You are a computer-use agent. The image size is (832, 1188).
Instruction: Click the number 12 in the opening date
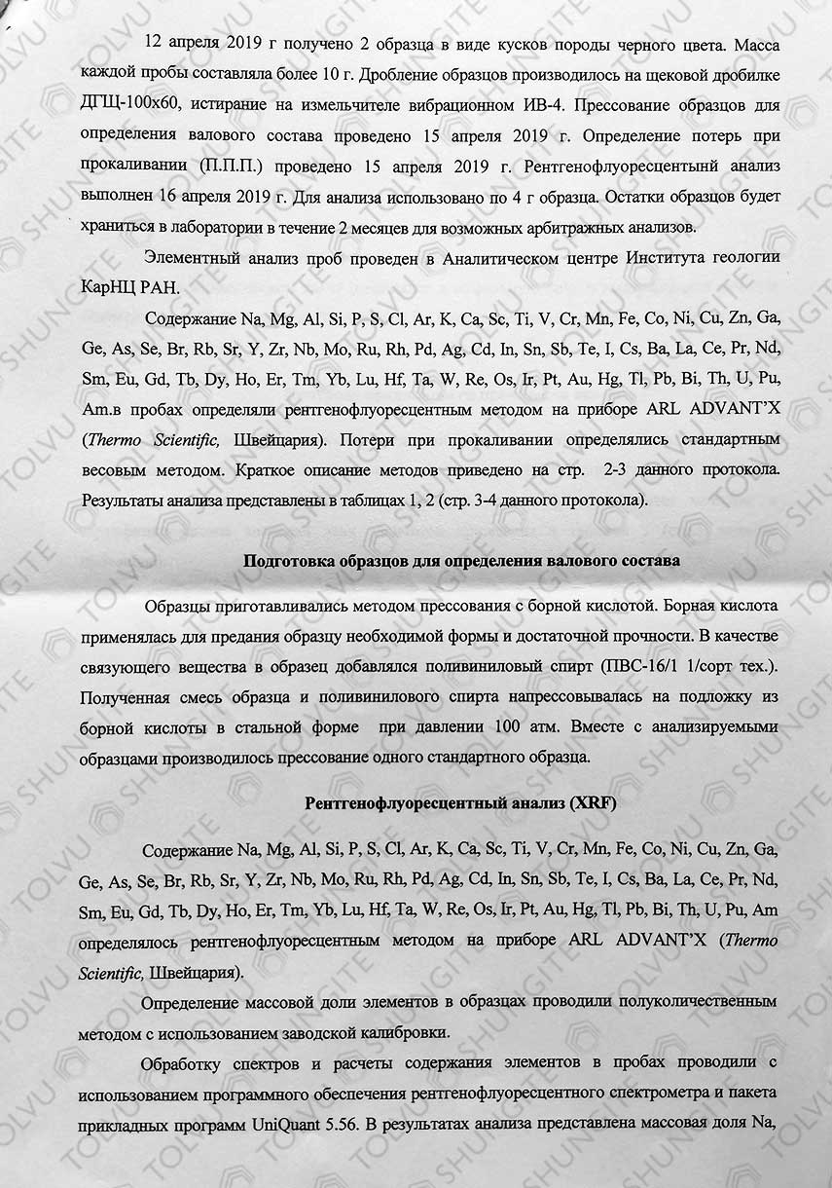coord(154,46)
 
